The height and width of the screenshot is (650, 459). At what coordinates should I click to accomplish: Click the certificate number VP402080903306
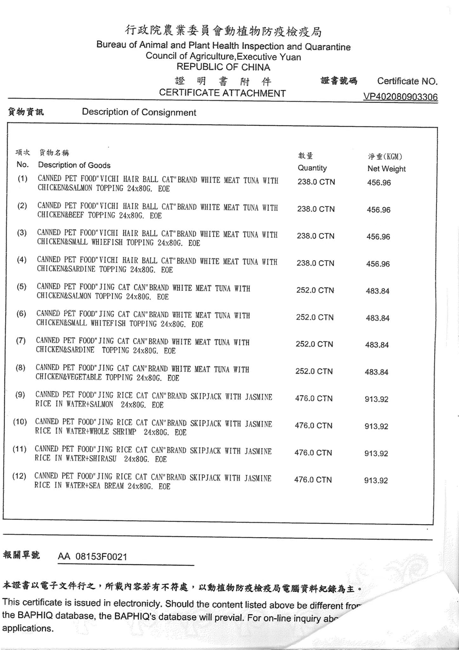[400, 97]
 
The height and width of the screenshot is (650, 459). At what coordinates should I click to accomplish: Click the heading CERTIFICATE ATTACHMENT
[222, 93]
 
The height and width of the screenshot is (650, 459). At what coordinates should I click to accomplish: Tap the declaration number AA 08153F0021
[92, 556]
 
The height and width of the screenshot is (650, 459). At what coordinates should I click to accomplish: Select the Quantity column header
[312, 168]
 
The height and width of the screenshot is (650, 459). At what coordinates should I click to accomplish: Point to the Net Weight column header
[386, 168]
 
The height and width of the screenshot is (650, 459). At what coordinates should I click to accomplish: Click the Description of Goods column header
[74, 165]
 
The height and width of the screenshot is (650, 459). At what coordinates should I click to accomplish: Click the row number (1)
[22, 179]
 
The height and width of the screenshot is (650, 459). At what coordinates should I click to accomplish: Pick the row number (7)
[21, 341]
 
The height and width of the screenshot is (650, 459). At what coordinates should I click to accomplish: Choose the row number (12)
[19, 476]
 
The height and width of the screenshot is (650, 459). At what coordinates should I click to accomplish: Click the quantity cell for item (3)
[316, 236]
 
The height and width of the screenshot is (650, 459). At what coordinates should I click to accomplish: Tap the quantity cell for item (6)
[315, 317]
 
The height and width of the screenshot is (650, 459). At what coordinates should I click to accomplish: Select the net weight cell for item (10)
[376, 426]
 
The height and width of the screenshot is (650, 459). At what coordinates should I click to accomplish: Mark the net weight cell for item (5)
[377, 291]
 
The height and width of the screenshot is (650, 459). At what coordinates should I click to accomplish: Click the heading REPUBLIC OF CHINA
[223, 67]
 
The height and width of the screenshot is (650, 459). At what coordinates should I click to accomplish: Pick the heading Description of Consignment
[139, 112]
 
